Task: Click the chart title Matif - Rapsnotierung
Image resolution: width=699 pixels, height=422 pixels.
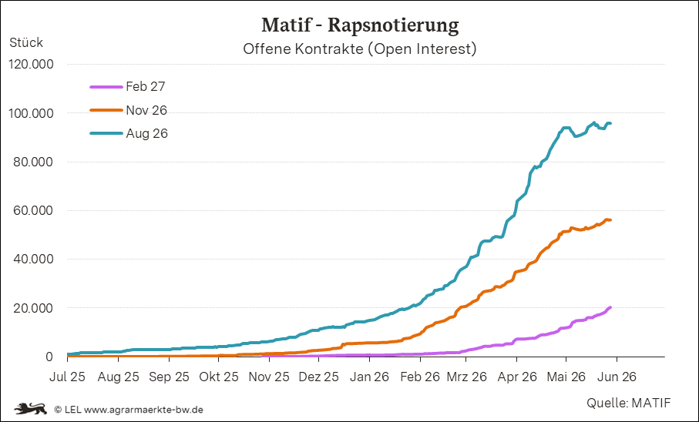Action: [x=360, y=25]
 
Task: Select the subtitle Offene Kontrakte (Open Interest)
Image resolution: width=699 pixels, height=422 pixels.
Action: [x=360, y=49]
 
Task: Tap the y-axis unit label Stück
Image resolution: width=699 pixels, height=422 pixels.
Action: [x=26, y=42]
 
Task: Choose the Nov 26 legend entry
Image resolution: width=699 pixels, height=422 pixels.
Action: [x=129, y=110]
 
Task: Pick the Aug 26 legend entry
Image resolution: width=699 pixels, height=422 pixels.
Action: [x=129, y=133]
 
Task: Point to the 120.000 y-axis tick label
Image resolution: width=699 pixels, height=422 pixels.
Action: [x=31, y=65]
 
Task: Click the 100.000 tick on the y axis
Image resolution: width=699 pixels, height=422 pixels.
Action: [x=31, y=113]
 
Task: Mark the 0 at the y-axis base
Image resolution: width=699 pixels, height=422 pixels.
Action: [x=49, y=357]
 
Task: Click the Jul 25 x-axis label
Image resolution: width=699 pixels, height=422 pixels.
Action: [x=67, y=377]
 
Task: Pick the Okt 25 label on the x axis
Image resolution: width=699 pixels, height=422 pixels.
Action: [x=219, y=377]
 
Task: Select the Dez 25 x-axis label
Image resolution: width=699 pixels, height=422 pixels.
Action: [x=318, y=377]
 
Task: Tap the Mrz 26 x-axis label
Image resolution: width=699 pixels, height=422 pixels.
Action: [x=467, y=377]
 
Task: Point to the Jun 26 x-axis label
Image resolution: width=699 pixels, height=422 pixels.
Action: [x=617, y=377]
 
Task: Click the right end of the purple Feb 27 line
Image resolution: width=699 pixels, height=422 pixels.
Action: [x=610, y=307]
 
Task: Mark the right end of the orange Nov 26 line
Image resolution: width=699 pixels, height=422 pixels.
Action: [x=610, y=220]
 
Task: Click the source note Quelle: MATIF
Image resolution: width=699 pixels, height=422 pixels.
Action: [x=628, y=403]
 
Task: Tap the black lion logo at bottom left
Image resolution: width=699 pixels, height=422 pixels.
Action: [x=30, y=407]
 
